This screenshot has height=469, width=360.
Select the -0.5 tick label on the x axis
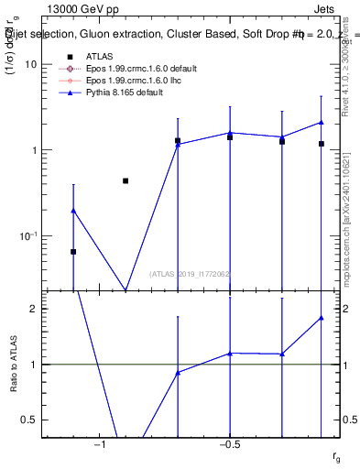[x=228, y=445]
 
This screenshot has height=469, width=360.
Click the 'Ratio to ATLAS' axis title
[x=13, y=364]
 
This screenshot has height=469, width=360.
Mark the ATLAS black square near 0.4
[x=125, y=181]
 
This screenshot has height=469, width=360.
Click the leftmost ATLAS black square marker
[x=73, y=251]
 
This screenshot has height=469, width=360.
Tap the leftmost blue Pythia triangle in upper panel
[x=73, y=211]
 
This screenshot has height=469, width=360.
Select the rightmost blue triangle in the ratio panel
[x=322, y=318]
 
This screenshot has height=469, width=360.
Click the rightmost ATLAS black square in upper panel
[x=322, y=144]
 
